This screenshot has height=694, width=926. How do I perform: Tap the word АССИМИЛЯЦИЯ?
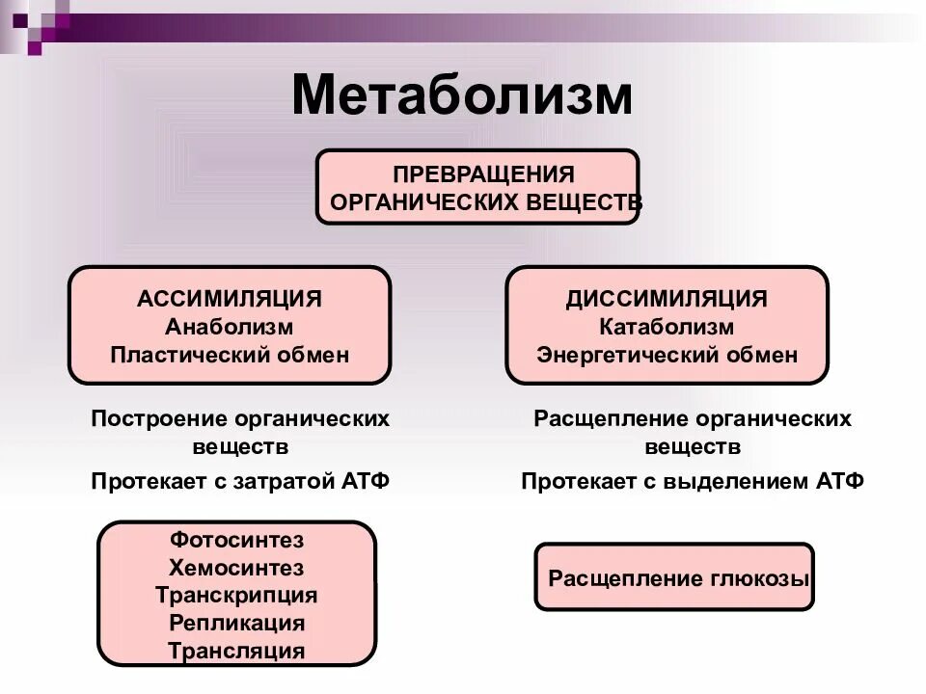[230, 299]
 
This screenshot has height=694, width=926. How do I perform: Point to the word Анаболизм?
[230, 327]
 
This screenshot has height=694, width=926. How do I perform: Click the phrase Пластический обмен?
[230, 355]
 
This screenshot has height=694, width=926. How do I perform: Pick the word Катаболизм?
[667, 327]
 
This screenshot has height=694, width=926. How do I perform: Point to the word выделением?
[732, 481]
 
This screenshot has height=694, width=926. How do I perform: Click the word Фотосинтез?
[237, 539]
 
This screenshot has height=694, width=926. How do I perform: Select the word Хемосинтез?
[237, 567]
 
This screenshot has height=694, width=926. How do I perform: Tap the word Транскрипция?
[237, 595]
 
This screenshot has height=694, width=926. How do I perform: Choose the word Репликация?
[237, 623]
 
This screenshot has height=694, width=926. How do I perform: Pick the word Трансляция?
[237, 651]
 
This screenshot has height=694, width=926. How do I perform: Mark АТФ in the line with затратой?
[366, 481]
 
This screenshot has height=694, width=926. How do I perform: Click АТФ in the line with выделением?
[838, 481]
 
